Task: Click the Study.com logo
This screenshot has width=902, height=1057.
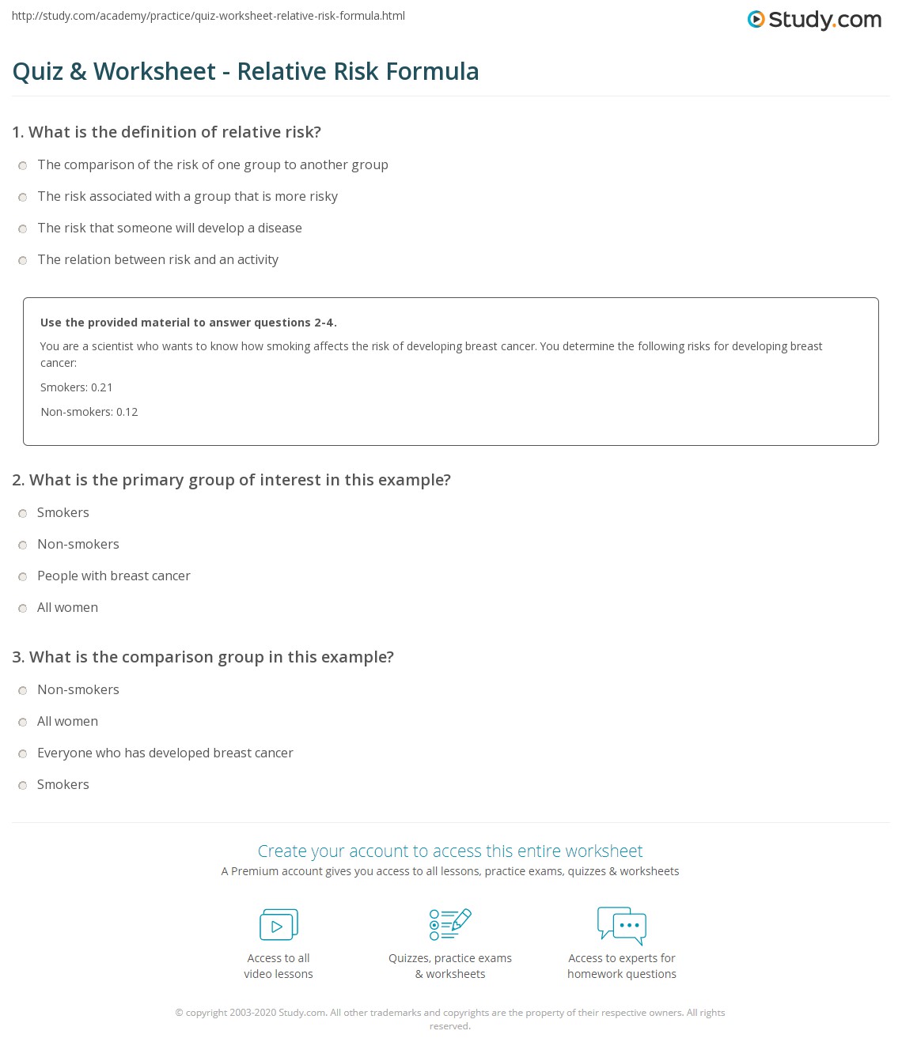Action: pyautogui.click(x=814, y=19)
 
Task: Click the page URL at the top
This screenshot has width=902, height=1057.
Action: pyautogui.click(x=209, y=16)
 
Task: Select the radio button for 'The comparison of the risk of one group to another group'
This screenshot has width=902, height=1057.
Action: pyautogui.click(x=23, y=165)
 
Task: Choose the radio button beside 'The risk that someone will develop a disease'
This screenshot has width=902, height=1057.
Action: pyautogui.click(x=23, y=228)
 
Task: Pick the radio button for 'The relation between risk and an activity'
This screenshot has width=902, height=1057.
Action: pyautogui.click(x=23, y=260)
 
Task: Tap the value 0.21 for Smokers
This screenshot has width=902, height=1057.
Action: pyautogui.click(x=101, y=387)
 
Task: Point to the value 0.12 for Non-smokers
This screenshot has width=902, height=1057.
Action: pyautogui.click(x=127, y=412)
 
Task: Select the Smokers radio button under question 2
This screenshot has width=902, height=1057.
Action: pyautogui.click(x=23, y=513)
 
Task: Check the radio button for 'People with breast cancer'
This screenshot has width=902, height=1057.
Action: pyautogui.click(x=23, y=576)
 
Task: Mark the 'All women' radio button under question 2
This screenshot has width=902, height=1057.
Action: pyautogui.click(x=23, y=608)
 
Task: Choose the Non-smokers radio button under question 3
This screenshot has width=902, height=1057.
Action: pyautogui.click(x=23, y=690)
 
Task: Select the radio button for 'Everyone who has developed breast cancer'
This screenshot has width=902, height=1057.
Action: pyautogui.click(x=23, y=753)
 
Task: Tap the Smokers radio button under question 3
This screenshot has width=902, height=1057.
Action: pyautogui.click(x=23, y=785)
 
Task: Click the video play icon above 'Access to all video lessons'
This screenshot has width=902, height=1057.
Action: pyautogui.click(x=279, y=925)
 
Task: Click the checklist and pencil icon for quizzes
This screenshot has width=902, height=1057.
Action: pyautogui.click(x=450, y=924)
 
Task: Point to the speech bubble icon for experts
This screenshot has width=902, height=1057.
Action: pyautogui.click(x=622, y=925)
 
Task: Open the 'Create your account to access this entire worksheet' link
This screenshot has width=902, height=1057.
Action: pyautogui.click(x=450, y=851)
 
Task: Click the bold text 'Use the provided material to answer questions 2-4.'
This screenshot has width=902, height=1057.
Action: pyautogui.click(x=188, y=323)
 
